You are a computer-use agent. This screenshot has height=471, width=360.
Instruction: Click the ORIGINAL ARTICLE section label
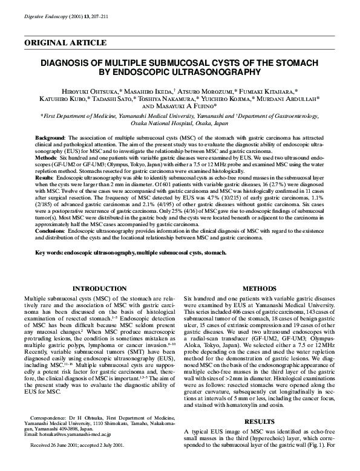[x=65, y=43]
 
